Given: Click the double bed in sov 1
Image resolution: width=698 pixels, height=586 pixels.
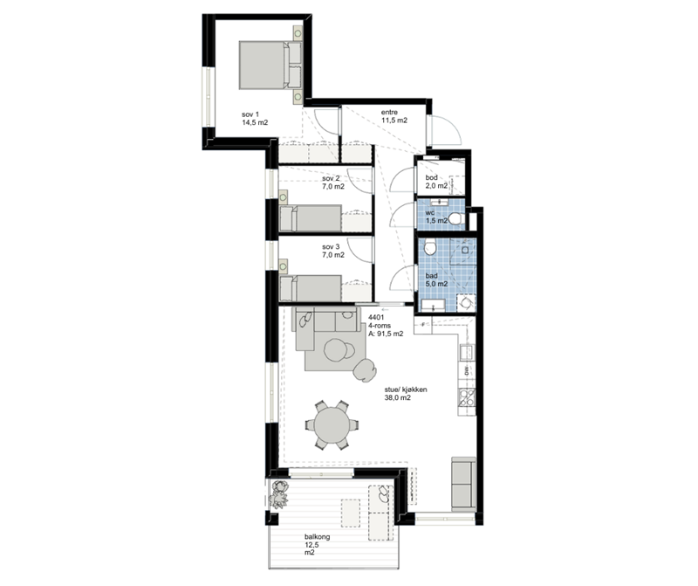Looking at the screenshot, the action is (270, 65).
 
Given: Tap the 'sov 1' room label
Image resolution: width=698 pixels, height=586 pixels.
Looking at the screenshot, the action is (250, 114).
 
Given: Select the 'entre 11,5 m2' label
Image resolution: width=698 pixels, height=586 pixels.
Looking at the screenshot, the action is (394, 116).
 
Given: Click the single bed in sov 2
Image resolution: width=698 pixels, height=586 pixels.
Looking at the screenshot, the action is (311, 218).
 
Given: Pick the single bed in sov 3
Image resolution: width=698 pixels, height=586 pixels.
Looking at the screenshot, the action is (311, 288).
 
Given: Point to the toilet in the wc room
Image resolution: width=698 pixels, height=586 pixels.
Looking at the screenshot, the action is (455, 218).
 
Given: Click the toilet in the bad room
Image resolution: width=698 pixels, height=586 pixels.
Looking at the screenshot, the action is (429, 246).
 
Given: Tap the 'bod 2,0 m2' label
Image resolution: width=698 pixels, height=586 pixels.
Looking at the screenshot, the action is (436, 182).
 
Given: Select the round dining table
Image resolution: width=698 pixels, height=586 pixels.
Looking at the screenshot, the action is (332, 424).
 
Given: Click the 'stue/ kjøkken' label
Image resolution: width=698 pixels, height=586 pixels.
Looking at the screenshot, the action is (406, 390).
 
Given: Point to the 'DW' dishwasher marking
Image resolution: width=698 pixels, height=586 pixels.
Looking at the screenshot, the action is (467, 371).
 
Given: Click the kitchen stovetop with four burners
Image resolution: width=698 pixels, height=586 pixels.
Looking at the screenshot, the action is (467, 397).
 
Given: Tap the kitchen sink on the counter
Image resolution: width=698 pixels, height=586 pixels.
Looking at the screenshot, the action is (467, 352).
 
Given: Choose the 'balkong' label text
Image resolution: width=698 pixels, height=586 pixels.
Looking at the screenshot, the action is (317, 536).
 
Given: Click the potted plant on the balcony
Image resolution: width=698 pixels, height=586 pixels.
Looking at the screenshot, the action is (279, 494).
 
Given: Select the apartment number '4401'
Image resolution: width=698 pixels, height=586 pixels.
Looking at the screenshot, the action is (376, 317).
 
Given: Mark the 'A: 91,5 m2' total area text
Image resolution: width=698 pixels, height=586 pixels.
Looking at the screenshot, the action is (386, 334).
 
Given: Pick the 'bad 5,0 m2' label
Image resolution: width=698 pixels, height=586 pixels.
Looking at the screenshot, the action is (436, 279).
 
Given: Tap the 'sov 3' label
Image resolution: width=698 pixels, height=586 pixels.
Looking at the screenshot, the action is (331, 246).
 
